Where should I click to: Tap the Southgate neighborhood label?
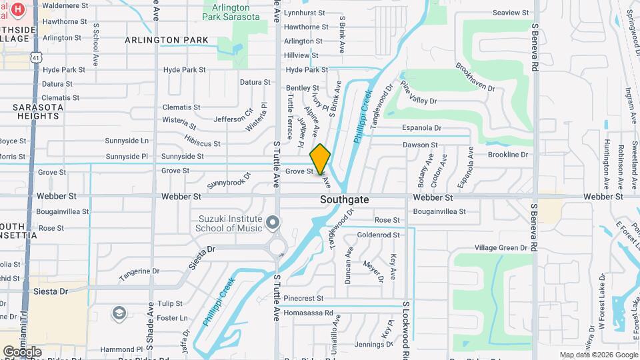click(x=345, y=199)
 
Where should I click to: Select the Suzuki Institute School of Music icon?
click(x=272, y=221)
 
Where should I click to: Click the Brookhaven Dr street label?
click(x=475, y=78)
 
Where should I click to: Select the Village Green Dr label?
click(x=501, y=247)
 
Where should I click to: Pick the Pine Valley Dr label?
click(x=418, y=93)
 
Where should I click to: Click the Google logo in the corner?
click(x=22, y=351)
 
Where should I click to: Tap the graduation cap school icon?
click(x=119, y=313)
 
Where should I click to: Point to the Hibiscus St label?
click(x=202, y=143)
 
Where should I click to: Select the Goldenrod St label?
click(x=378, y=235)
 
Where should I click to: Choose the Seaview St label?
click(x=510, y=13)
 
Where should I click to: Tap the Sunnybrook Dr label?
click(x=229, y=180)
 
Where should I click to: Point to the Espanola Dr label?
click(x=421, y=127)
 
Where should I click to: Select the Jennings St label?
click(x=372, y=344)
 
